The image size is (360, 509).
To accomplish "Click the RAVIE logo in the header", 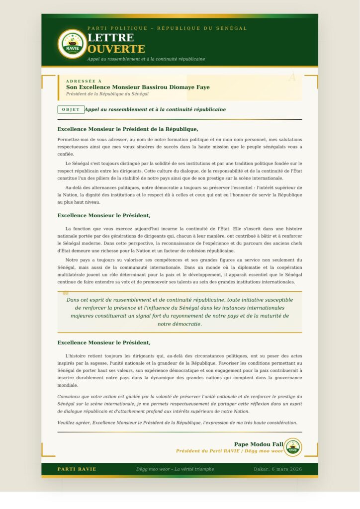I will point(72,44).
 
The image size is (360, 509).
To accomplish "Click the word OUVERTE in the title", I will point(116,49).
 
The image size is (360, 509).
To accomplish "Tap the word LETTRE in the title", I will point(110,38).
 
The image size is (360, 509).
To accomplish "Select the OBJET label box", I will point(71,109).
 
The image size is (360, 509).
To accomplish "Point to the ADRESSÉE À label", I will point(84,81).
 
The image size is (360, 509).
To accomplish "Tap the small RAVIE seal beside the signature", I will point(292,447).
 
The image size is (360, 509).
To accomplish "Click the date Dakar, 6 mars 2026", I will point(277,469).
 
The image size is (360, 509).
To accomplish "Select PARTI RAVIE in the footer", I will point(77,469).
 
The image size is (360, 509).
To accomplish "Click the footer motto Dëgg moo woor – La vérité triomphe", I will point(175,469).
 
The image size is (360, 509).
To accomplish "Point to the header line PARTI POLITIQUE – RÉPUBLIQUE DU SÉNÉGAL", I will point(167,28).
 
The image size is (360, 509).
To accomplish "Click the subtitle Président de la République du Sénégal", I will point(107,94).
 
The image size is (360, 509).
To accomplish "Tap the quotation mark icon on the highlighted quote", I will point(66,293).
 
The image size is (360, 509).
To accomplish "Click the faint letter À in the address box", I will point(292,77).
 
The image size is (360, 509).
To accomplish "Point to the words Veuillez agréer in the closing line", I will point(73,423).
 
